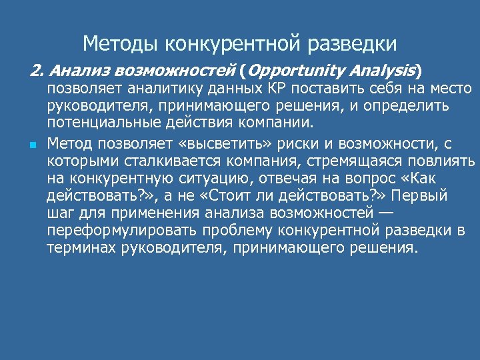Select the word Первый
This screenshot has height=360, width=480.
[x=425, y=196]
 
